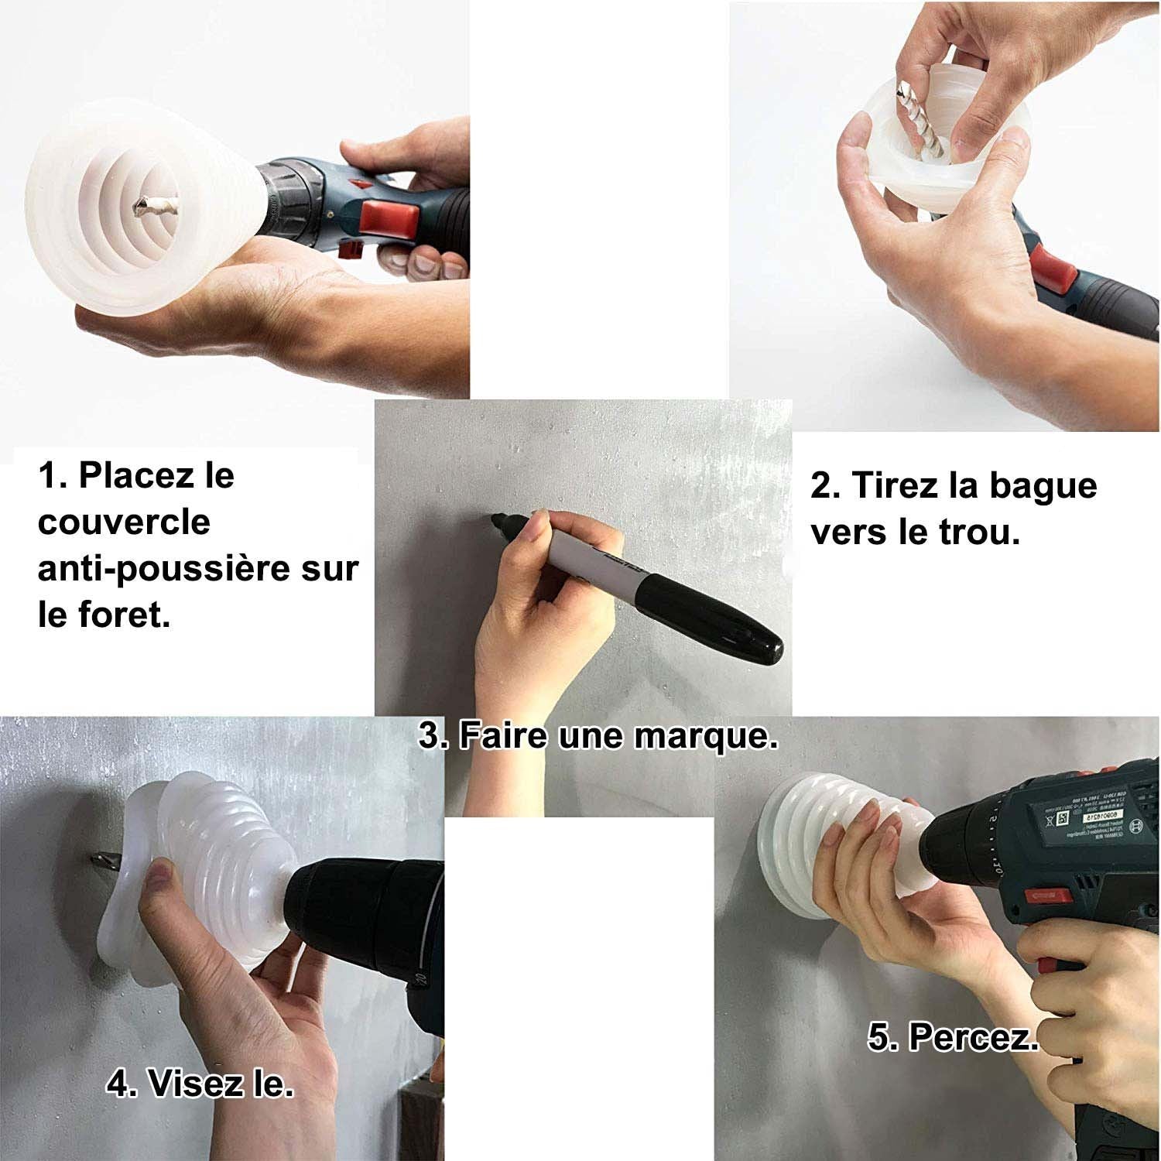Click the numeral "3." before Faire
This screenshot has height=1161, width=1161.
434,735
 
